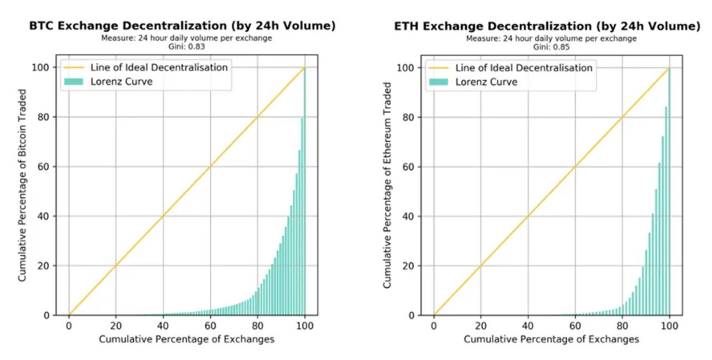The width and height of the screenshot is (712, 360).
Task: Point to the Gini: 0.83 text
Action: coord(186,47)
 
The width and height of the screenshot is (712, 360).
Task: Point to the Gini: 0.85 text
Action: coord(551,47)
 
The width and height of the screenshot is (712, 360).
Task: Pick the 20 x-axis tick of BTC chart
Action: coord(116,326)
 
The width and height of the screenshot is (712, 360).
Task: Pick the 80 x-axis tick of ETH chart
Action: coord(622,326)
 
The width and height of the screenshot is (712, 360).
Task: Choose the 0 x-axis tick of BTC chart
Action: coord(69,326)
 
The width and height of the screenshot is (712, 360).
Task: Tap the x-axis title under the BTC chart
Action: coord(186,339)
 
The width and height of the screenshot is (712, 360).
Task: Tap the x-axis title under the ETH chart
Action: coord(551,339)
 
